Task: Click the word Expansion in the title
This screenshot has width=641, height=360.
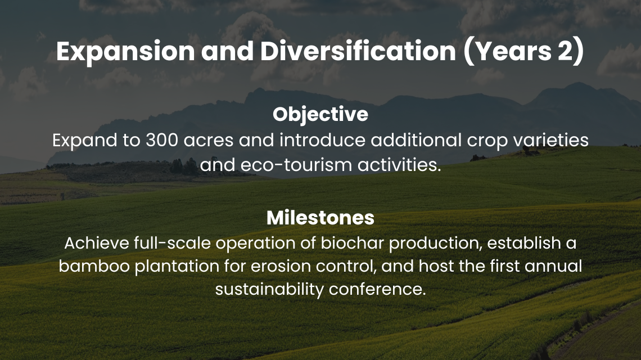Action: click(x=125, y=52)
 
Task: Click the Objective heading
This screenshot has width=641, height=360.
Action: click(x=320, y=115)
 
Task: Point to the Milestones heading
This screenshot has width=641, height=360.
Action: click(x=320, y=218)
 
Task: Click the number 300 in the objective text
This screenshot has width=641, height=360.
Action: click(x=162, y=140)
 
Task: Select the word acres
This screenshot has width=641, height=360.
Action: click(x=209, y=141)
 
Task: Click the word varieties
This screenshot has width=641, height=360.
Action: click(x=550, y=140)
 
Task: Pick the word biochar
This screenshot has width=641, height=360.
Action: click(x=352, y=243)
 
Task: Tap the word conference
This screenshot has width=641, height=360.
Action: click(x=377, y=289)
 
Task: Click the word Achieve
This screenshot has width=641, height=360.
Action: click(x=97, y=243)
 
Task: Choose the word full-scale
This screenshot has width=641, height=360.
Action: click(x=172, y=243)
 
